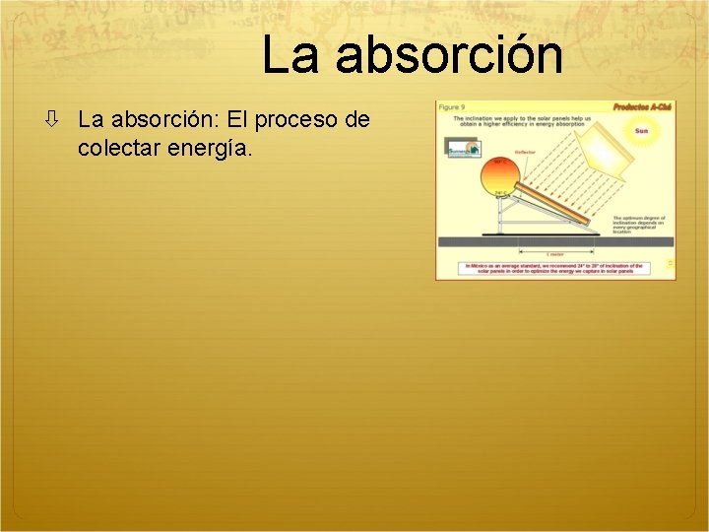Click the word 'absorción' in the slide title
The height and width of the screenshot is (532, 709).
449,56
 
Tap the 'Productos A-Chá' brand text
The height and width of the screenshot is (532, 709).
641,106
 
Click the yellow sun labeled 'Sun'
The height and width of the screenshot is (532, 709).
641,131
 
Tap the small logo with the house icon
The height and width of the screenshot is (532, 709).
462,149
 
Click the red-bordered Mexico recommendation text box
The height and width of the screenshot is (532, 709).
553,268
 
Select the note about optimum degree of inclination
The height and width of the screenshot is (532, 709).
639,228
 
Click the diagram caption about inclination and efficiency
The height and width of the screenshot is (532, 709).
522,122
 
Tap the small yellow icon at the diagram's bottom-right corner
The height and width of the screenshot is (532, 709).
670,263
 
